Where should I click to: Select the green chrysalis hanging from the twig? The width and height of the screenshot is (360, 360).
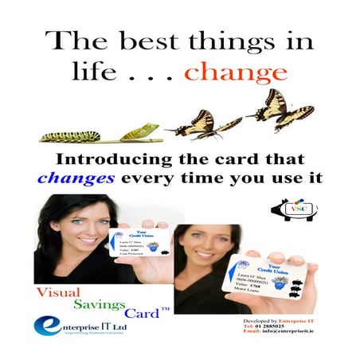coord(139,131)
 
